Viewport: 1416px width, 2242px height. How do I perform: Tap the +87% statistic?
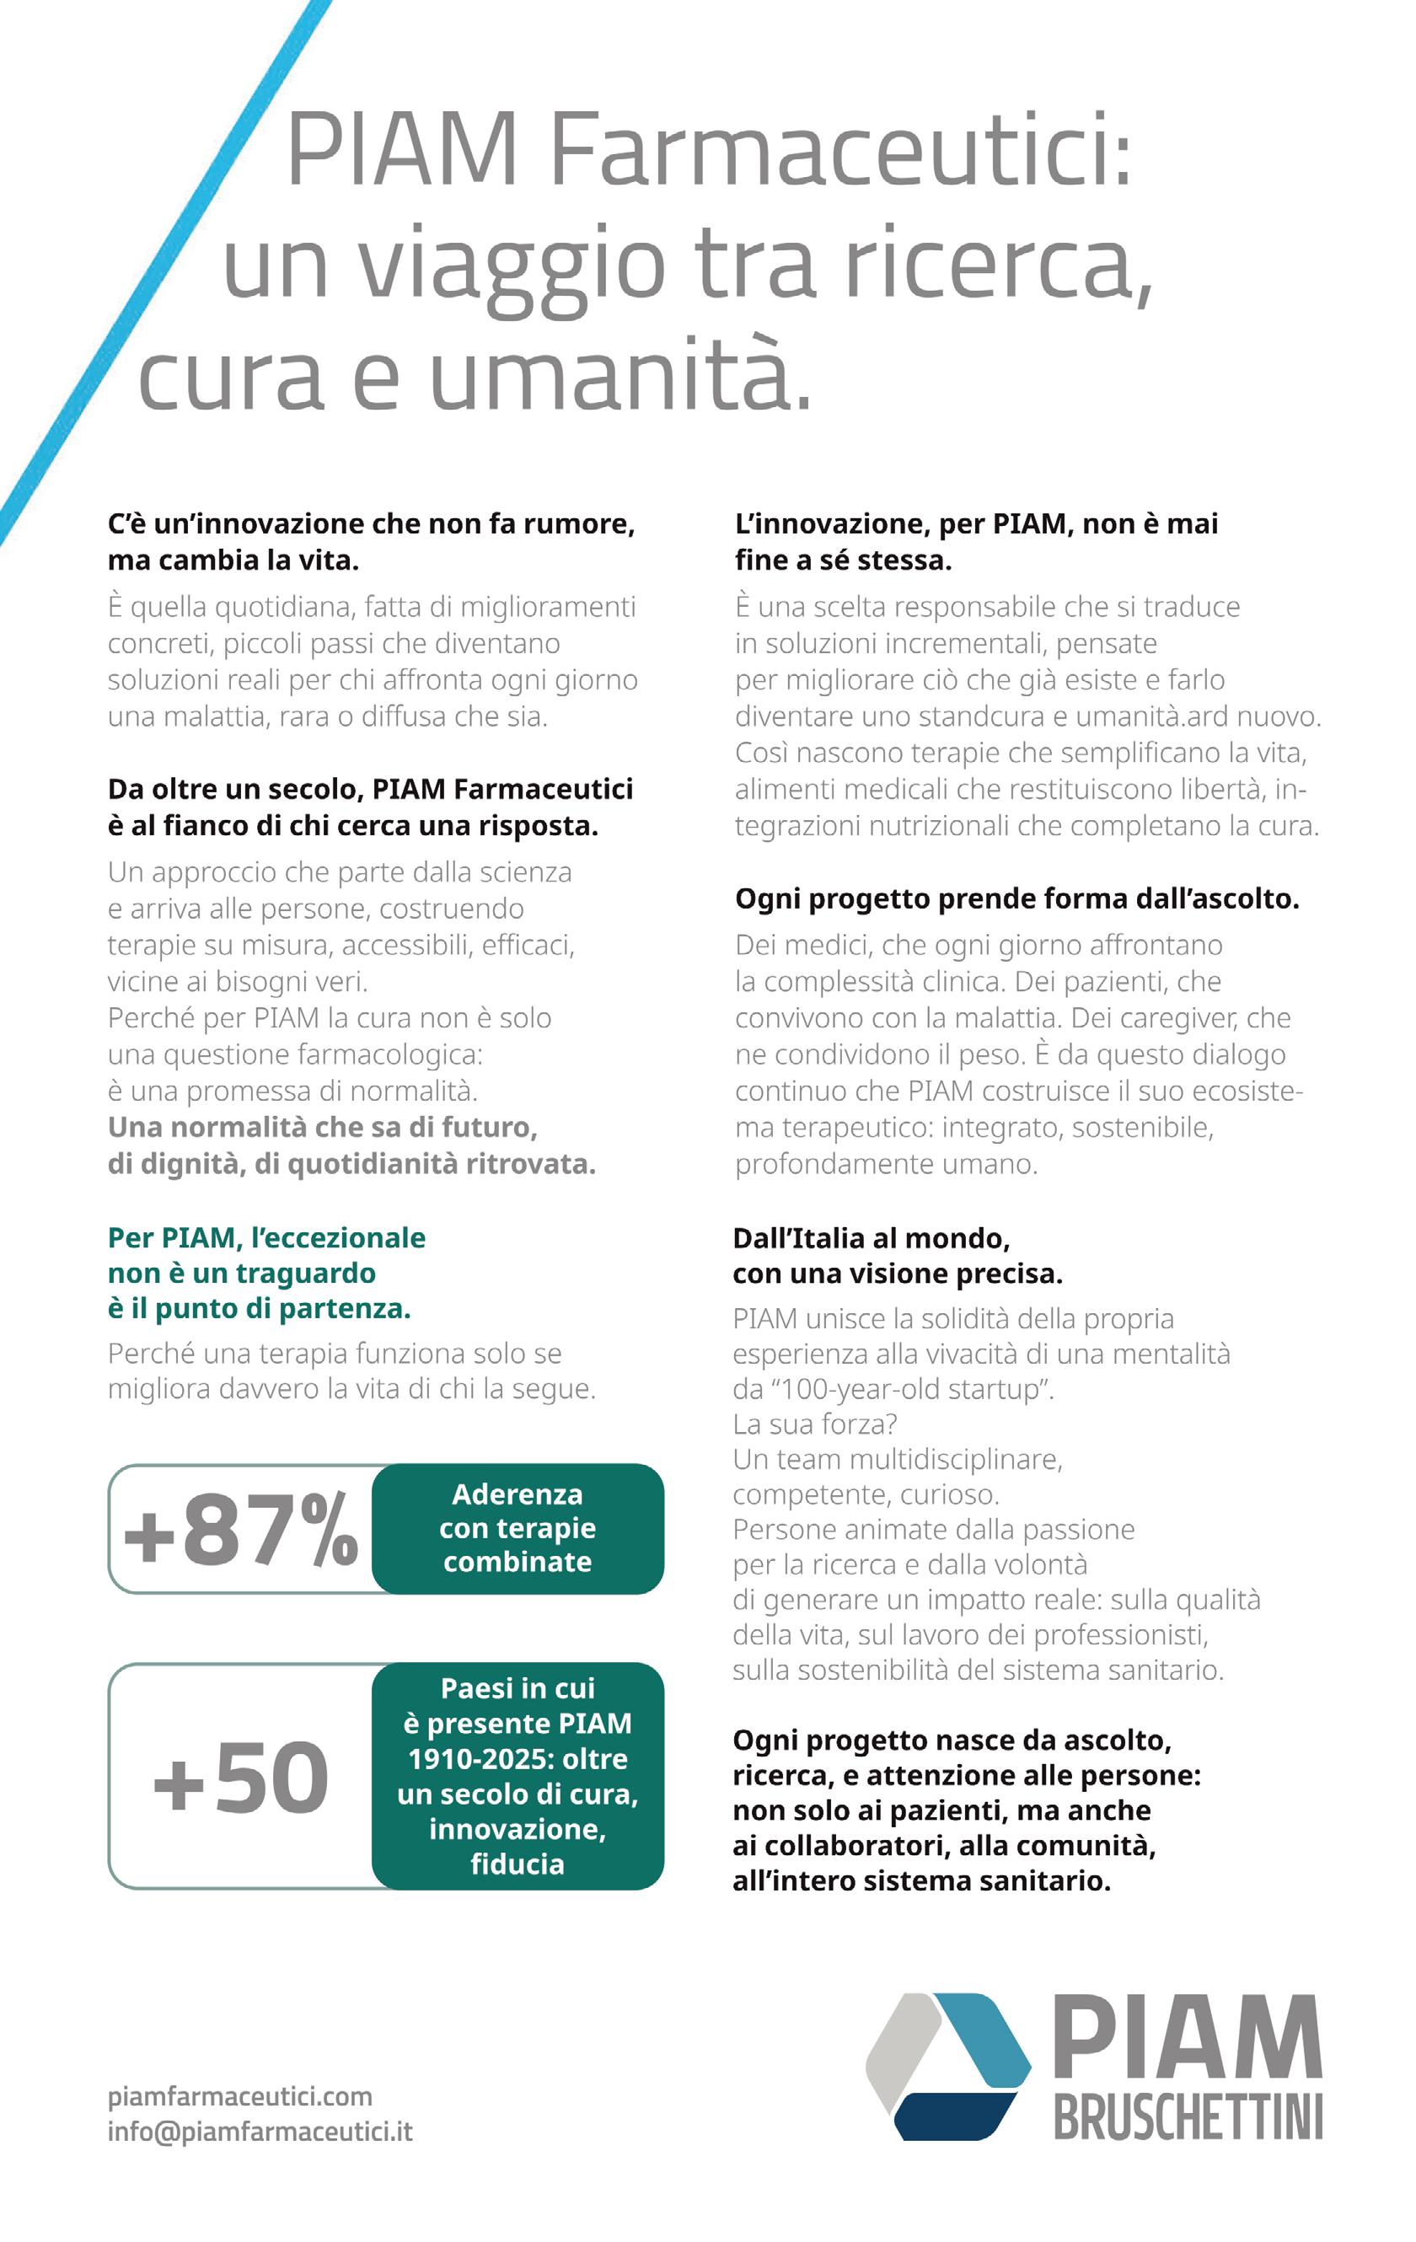tap(240, 1529)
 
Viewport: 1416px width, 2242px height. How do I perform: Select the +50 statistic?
tap(240, 1778)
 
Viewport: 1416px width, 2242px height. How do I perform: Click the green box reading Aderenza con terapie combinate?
tap(518, 1528)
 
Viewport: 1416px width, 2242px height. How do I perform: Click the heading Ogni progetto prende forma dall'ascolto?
tap(1016, 898)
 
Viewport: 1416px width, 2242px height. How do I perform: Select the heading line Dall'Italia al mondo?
tap(871, 1237)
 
